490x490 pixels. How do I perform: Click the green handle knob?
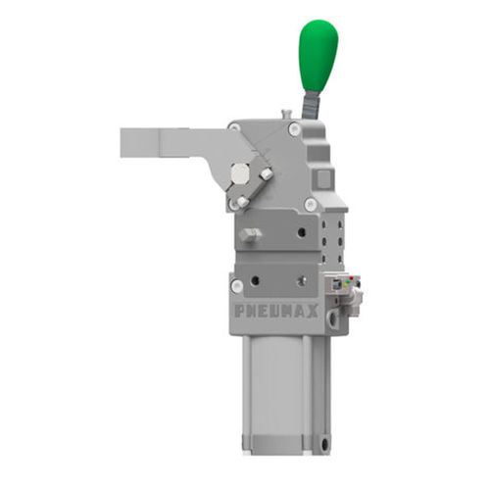point(318,54)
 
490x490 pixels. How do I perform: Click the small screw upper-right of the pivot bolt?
point(266,173)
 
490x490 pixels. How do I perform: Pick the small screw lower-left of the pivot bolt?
point(241,202)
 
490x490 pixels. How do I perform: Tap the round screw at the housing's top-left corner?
point(234,127)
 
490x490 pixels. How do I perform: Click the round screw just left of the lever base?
point(295,128)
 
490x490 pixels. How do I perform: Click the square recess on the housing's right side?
point(324,179)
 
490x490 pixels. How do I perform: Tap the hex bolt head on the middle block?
point(250,235)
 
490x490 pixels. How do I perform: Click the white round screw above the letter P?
point(237,285)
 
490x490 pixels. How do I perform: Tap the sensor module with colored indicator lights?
point(347,285)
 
